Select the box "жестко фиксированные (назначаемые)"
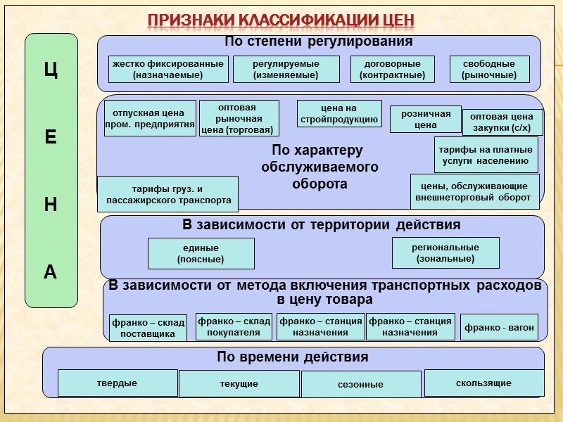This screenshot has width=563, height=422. [x=167, y=69]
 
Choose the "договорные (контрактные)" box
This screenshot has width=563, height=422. [x=393, y=69]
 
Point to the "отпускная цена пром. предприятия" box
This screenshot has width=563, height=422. [x=149, y=118]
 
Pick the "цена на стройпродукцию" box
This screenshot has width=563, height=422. [x=339, y=113]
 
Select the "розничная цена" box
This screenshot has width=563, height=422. [x=426, y=119]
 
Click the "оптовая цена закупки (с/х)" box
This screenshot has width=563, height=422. [x=502, y=122]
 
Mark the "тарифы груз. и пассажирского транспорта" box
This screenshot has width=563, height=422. [x=168, y=194]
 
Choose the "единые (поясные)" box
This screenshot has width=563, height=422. [x=201, y=253]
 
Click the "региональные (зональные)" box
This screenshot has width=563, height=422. [x=445, y=252]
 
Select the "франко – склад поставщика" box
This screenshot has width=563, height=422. [x=148, y=328]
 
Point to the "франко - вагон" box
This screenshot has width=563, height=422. [x=499, y=327]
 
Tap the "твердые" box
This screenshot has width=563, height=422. [x=117, y=383]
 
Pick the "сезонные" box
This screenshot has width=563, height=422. [x=360, y=385]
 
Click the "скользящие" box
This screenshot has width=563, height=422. [x=483, y=383]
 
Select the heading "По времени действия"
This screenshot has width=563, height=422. [x=292, y=357]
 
